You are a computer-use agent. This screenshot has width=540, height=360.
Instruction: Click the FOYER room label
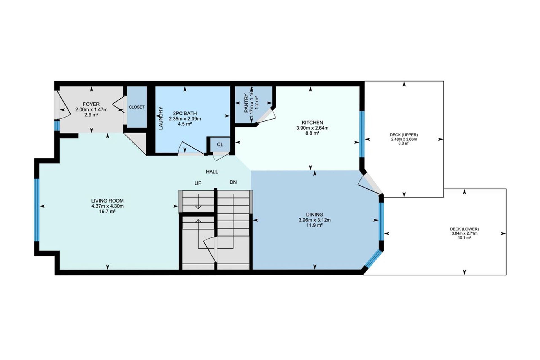[91, 104]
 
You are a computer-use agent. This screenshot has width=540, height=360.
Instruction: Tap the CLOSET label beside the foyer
[137, 107]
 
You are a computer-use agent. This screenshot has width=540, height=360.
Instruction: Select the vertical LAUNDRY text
[161, 118]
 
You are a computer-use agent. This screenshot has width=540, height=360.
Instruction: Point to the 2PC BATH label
[185, 114]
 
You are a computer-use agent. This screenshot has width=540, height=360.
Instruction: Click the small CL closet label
[220, 145]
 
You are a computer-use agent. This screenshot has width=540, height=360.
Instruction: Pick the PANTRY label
[247, 103]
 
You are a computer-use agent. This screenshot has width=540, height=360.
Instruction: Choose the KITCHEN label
[312, 123]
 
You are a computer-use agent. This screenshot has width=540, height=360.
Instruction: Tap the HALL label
[212, 172]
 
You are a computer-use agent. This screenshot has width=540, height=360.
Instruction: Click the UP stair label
[198, 183]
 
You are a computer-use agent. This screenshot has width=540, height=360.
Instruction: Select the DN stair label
[233, 182]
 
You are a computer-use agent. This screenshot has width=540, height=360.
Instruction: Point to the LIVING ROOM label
[107, 201]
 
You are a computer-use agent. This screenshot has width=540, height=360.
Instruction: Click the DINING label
[315, 215]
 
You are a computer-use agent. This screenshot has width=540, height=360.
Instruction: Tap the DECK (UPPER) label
[404, 135]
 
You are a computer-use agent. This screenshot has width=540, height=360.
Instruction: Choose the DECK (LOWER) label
[464, 229]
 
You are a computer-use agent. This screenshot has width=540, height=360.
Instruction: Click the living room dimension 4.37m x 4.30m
[107, 206]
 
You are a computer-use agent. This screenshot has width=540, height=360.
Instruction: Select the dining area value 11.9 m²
[315, 225]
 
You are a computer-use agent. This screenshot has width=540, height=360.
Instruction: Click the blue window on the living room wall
[37, 210]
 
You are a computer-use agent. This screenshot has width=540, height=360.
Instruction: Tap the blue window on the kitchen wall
[362, 134]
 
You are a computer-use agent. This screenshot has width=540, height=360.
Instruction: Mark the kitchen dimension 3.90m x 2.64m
[312, 128]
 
